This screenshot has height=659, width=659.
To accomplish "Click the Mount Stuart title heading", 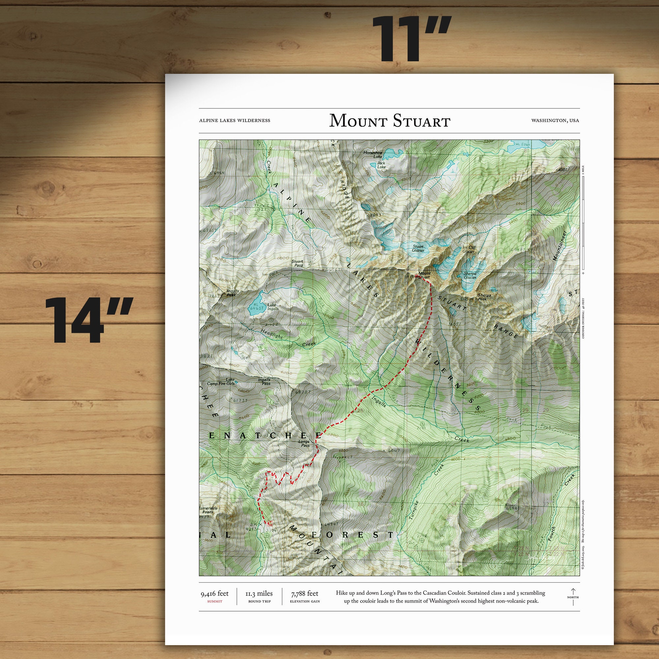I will [389, 121].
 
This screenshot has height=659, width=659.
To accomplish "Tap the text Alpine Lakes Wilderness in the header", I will [234, 120].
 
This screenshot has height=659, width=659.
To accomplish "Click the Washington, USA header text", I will [555, 120].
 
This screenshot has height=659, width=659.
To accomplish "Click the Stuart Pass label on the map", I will [297, 263].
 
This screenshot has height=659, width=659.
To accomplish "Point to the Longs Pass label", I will [304, 444].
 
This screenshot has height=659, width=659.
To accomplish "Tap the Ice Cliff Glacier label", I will [469, 249].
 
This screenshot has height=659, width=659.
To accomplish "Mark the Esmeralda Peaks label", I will [207, 510].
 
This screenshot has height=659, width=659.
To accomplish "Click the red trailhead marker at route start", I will [270, 523].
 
